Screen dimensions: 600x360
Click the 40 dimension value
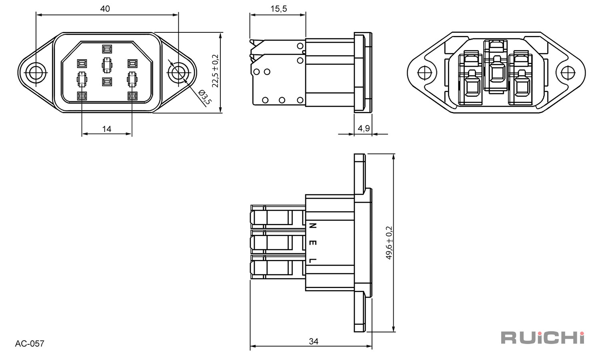click(105, 9)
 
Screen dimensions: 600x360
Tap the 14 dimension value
click(107, 129)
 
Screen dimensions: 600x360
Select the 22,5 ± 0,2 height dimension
click(215, 71)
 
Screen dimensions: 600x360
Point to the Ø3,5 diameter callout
click(205, 98)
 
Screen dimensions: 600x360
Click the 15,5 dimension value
click(278, 9)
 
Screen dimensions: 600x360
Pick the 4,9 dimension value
click(364, 128)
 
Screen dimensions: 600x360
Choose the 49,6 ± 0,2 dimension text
click(389, 243)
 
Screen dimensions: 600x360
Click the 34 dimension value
click(313, 341)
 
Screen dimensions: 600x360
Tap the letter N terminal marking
click(312, 226)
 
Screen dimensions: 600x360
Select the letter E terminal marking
click(312, 243)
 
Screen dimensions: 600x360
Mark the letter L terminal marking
click(312, 260)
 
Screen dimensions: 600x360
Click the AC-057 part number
click(30, 343)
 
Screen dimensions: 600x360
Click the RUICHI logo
click(543, 338)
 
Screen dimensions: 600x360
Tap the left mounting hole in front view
click(36, 72)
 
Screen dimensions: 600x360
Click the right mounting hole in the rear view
click(568, 72)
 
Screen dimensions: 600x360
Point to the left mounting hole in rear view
click(425, 72)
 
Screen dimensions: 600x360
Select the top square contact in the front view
click(107, 49)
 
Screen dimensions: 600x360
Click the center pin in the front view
click(107, 65)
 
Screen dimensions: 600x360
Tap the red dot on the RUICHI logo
click(581, 334)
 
